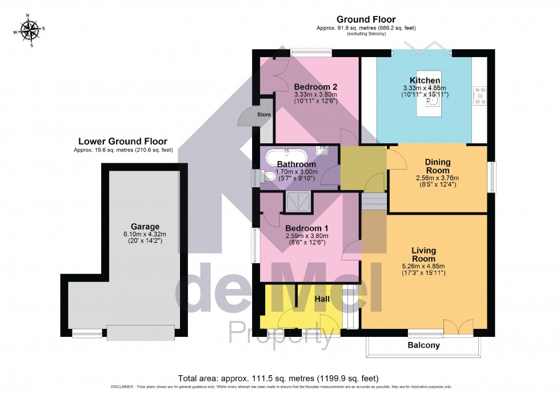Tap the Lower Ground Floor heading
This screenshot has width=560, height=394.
point(123,141)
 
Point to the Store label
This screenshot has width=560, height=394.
point(263,115)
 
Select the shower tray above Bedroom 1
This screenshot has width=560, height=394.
point(297,202)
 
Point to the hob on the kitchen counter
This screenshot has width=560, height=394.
point(479,96)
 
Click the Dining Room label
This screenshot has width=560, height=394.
point(437,166)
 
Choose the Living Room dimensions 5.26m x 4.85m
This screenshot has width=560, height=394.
point(423,266)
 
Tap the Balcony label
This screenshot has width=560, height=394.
point(423,345)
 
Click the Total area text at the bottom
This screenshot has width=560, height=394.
point(278,378)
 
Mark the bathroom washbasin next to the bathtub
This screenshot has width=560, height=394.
point(323,151)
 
